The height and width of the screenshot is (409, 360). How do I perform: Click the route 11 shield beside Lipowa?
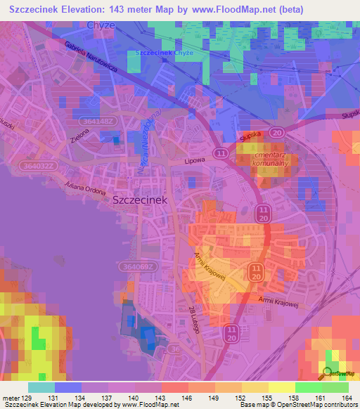coord(222,152)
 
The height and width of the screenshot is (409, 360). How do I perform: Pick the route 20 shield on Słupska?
coord(277,131)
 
